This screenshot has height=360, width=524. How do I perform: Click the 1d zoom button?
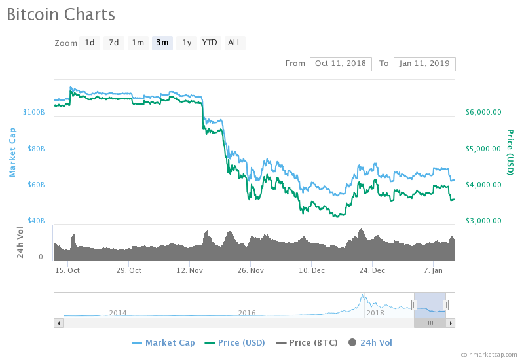point(90,43)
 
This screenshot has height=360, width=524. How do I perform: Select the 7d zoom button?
point(114,43)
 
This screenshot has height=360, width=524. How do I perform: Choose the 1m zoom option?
point(138,43)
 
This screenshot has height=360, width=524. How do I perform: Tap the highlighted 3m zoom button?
point(162,43)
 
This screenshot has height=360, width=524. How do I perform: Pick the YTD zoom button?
point(210,43)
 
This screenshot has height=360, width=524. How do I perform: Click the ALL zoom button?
point(234,43)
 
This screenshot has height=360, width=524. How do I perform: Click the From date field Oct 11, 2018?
point(341,63)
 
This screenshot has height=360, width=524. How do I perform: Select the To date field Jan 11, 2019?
point(424,63)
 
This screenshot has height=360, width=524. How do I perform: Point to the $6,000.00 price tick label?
point(483,112)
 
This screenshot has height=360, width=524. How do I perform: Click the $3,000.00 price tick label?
point(483,221)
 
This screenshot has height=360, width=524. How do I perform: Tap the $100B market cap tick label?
point(34,112)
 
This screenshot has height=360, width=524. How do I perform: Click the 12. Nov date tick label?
point(189,270)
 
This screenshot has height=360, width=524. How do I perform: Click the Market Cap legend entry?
point(163,342)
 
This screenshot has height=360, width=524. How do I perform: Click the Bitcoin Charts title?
point(61,14)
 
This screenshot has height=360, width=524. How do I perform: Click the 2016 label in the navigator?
point(247,314)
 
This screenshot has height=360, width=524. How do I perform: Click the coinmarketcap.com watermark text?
point(488,354)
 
